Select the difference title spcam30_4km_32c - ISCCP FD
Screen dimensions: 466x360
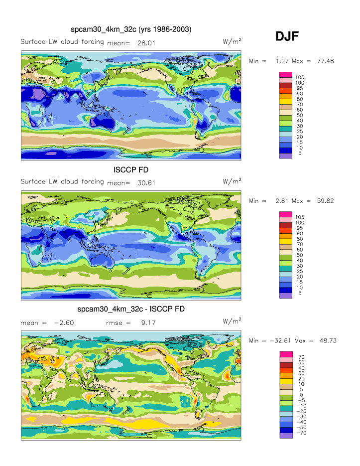[x=131, y=309]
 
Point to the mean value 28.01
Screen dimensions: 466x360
[x=146, y=43]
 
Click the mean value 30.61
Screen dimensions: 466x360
[x=146, y=182]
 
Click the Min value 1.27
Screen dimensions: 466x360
[x=282, y=61]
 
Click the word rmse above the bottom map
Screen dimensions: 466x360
[x=115, y=323]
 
